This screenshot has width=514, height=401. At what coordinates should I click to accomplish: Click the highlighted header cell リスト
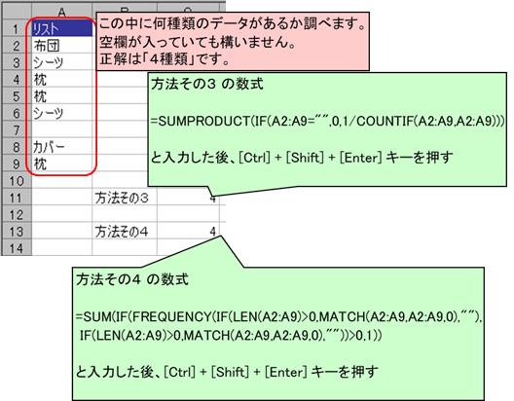(62, 29)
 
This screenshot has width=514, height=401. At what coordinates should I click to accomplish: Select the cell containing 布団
(62, 46)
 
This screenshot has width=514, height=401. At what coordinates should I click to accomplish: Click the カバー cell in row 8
(62, 147)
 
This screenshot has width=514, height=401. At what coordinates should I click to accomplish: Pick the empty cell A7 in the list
(62, 129)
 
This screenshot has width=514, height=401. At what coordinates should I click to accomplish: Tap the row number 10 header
(17, 180)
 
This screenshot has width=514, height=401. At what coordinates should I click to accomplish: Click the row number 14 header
(17, 248)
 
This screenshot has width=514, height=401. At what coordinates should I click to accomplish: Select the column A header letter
(62, 13)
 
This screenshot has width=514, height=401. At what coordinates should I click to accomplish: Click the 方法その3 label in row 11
(122, 198)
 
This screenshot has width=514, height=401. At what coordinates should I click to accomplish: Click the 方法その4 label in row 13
(122, 232)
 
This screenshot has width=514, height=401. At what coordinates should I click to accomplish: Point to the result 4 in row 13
(213, 232)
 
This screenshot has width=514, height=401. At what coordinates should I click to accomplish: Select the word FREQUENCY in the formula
(172, 316)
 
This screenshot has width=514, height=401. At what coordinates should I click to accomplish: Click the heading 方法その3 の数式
(207, 85)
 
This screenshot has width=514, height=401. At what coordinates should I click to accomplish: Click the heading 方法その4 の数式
(132, 279)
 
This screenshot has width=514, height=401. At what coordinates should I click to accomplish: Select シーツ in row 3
(48, 62)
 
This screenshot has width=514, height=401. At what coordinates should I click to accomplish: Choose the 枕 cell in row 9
(40, 164)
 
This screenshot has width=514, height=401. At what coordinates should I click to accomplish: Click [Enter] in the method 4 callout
(286, 372)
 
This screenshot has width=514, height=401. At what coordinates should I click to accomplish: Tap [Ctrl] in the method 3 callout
(254, 158)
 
